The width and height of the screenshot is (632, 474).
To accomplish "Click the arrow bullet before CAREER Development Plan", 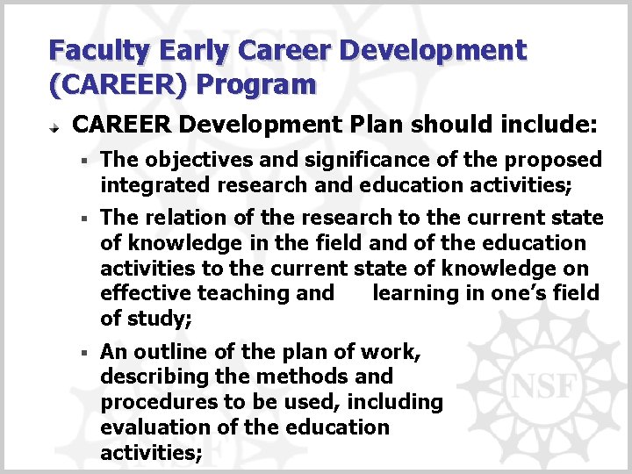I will (54, 127).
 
